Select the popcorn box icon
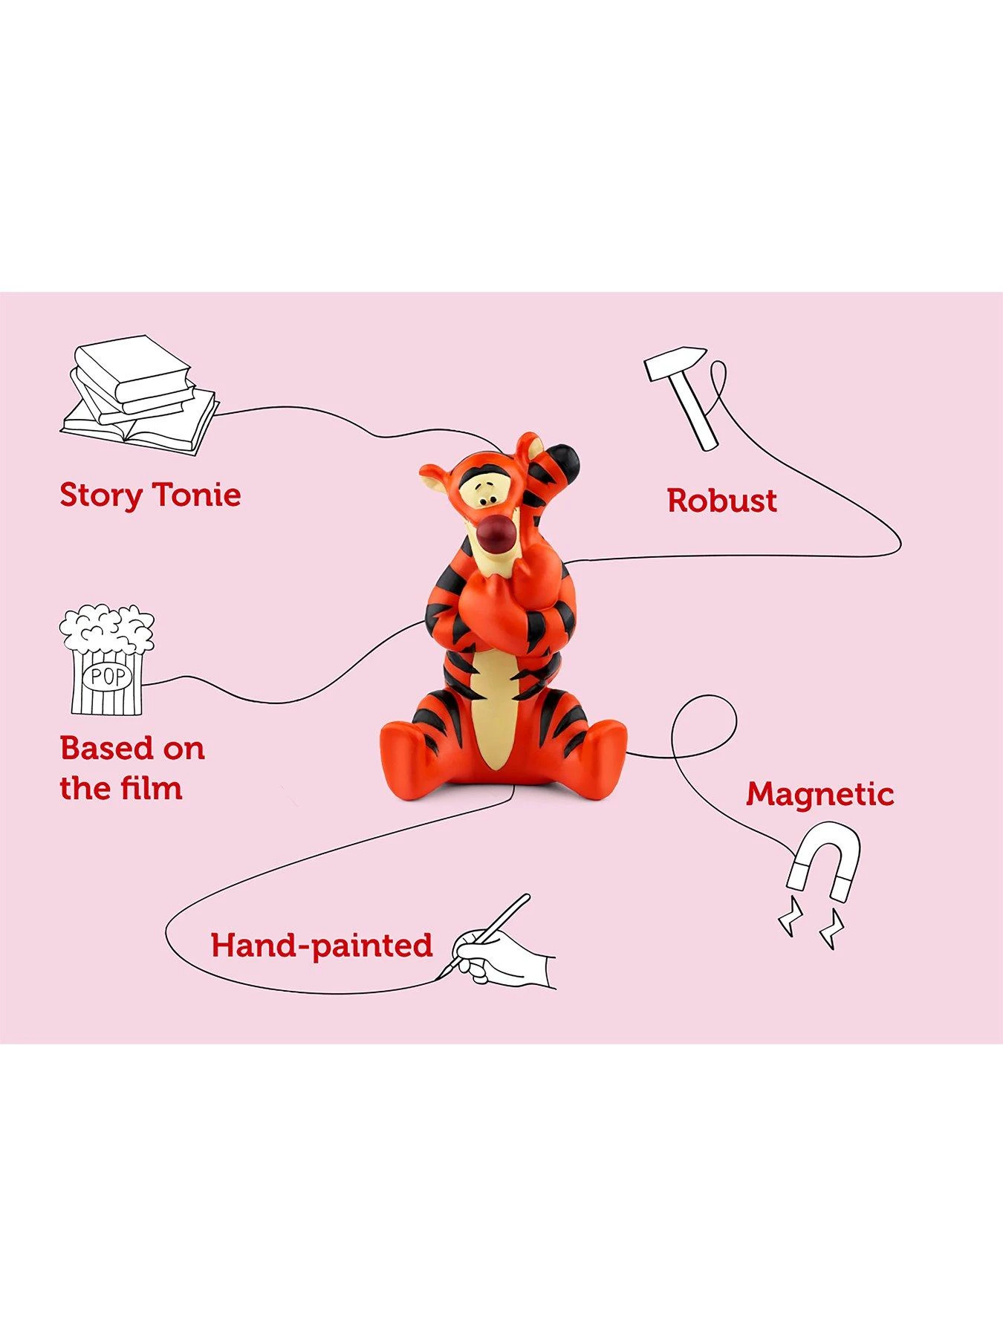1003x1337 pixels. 107,660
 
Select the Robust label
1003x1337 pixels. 721,501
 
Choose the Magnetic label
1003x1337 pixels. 820,794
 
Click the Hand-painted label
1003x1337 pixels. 322,946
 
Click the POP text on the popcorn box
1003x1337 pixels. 107,676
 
